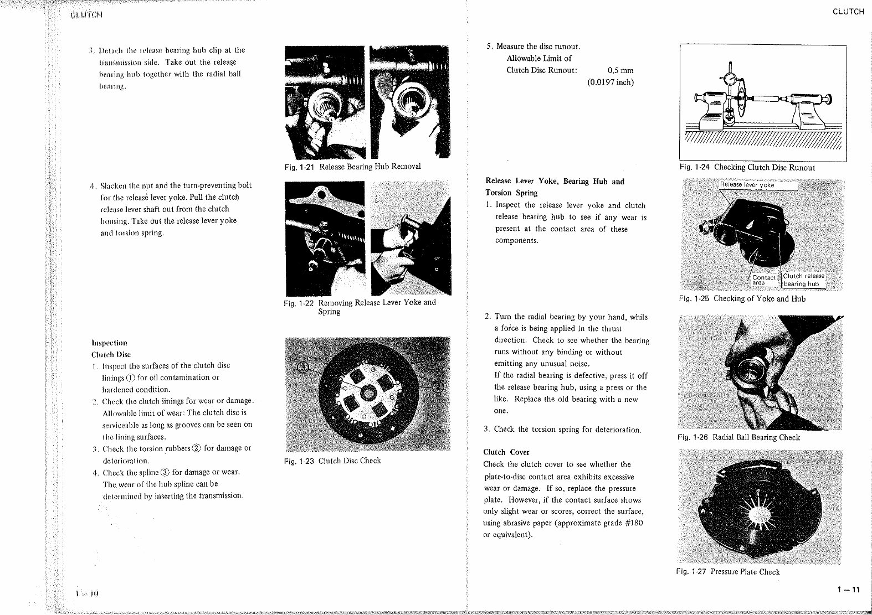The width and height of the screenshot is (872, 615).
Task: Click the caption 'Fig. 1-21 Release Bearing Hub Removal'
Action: pos(352,167)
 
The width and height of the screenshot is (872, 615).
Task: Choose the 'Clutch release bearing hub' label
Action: pos(803,280)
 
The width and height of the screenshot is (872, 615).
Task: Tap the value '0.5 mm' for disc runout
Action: pos(620,70)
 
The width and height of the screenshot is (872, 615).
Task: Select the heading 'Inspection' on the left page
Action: pos(109,343)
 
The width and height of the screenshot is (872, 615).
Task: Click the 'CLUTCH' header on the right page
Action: pos(848,12)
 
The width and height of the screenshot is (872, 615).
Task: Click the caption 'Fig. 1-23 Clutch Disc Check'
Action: pos(332,461)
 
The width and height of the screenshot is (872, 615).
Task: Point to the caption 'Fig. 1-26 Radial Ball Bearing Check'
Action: pos(738,437)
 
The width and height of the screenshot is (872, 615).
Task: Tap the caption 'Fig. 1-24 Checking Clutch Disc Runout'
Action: pos(747,167)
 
